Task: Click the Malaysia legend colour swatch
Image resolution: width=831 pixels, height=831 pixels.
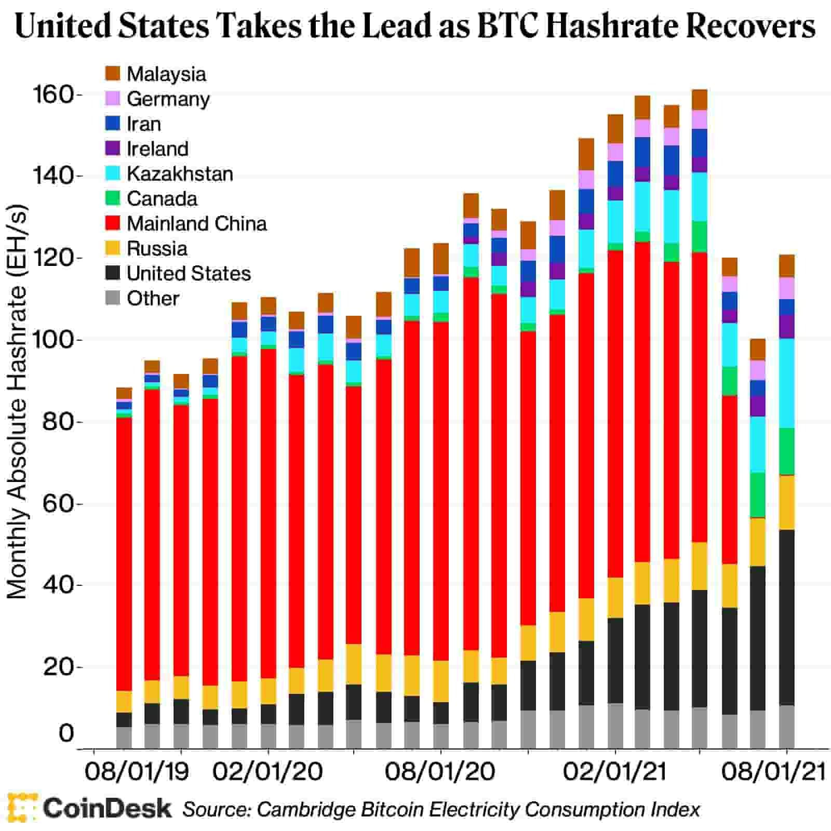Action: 112,73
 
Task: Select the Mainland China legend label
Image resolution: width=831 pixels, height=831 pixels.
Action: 196,223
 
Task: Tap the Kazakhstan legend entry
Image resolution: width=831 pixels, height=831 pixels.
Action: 180,173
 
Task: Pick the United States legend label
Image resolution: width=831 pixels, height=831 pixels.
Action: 189,273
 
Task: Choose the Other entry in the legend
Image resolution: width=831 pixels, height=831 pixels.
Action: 153,298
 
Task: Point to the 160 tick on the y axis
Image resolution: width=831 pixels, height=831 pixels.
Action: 53,95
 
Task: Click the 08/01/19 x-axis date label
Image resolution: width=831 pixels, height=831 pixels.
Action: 137,772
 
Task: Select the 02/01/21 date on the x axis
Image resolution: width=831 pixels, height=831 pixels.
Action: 615,772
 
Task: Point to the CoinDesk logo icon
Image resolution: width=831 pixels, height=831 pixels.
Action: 21,808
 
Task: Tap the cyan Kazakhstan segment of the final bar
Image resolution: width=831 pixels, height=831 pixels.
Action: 787,383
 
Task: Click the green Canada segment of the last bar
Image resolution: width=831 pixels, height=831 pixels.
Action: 787,451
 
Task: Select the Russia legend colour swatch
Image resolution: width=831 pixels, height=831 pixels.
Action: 112,248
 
